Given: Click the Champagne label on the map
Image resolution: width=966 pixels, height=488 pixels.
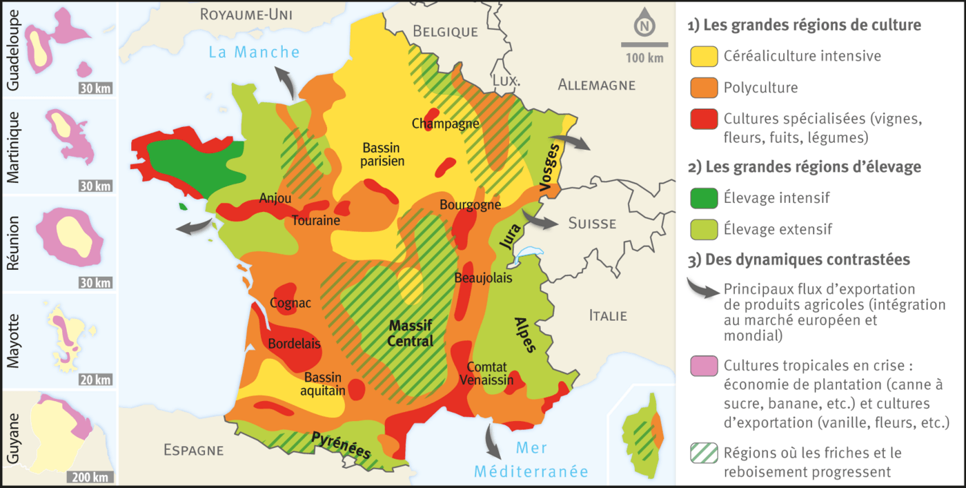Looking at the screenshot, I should click(445, 124).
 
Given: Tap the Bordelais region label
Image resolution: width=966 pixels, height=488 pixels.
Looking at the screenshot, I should click(294, 344).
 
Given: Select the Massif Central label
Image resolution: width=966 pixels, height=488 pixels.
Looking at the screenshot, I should click(411, 333).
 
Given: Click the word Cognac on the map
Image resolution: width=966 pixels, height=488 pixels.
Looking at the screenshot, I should click(290, 303).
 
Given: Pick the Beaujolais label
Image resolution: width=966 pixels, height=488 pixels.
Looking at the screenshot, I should click(483, 277).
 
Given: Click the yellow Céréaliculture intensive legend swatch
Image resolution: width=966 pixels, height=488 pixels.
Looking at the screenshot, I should click(702, 57).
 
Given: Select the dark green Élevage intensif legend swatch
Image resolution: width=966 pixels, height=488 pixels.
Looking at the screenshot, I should click(702, 198).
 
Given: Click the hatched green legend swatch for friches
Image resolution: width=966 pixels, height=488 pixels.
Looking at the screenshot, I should click(702, 453).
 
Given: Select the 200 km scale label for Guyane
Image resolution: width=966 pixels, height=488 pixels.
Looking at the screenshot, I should click(90, 477).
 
